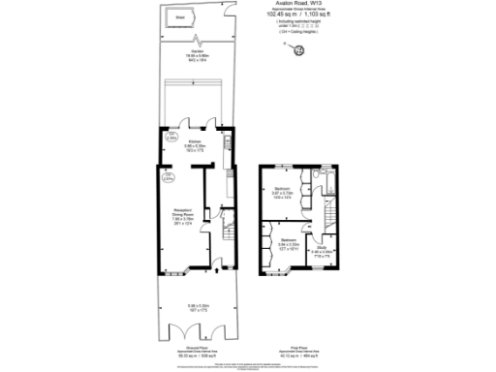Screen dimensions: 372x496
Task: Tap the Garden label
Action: [x=199, y=56]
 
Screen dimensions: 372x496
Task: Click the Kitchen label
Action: [x=194, y=144]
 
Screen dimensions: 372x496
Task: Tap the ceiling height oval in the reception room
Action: [x=168, y=177]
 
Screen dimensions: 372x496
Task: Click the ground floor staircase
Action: [x=229, y=232]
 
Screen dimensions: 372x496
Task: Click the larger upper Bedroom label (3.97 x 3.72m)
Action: [x=282, y=191]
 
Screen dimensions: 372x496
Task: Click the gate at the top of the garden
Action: [x=198, y=40]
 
